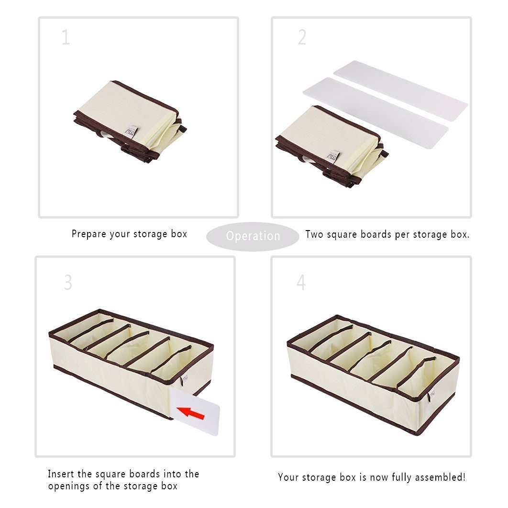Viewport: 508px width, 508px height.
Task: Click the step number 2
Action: (x=302, y=37)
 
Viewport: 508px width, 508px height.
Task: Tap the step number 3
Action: (x=68, y=282)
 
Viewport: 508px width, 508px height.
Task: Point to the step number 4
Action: (x=301, y=282)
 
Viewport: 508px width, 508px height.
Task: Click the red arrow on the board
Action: (x=190, y=413)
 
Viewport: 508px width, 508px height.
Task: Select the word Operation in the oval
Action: (x=253, y=236)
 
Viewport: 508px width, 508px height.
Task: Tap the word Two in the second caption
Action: (x=314, y=234)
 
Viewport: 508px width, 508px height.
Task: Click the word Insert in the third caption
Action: (x=61, y=474)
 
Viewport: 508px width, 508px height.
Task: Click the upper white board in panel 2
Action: (x=401, y=87)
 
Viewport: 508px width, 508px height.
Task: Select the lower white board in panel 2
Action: (x=375, y=113)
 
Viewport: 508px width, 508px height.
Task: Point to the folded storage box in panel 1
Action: (x=130, y=121)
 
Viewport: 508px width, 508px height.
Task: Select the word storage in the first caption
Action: (x=150, y=234)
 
